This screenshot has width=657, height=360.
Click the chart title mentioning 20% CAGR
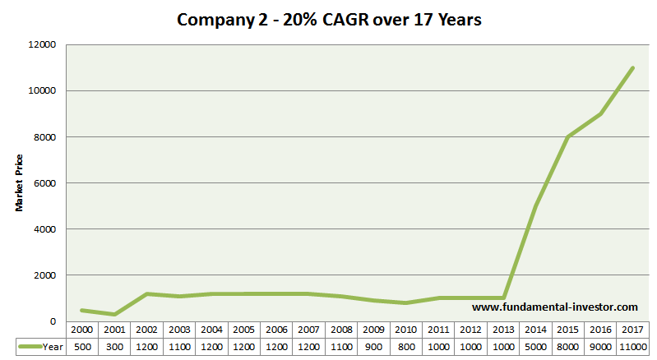pyautogui.click(x=329, y=19)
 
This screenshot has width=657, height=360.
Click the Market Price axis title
pyautogui.click(x=19, y=182)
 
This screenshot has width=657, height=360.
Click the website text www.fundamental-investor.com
pyautogui.click(x=555, y=307)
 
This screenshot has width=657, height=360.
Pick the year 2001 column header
pyautogui.click(x=114, y=330)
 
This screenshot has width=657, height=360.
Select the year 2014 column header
pyautogui.click(x=535, y=330)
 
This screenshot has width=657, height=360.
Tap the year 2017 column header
pyautogui.click(x=632, y=330)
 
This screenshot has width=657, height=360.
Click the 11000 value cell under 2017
pyautogui.click(x=632, y=346)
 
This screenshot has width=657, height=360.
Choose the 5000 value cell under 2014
pyautogui.click(x=535, y=346)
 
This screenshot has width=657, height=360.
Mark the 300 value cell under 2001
pyautogui.click(x=114, y=346)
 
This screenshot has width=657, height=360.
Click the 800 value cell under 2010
pyautogui.click(x=406, y=346)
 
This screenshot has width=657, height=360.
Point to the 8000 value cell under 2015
pyautogui.click(x=567, y=346)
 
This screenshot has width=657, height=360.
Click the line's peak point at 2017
pyautogui.click(x=632, y=67)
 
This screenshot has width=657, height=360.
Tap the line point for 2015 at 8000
pyautogui.click(x=567, y=136)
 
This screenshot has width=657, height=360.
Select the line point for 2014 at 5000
pyautogui.click(x=535, y=206)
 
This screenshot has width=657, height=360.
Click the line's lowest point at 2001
pyautogui.click(x=114, y=314)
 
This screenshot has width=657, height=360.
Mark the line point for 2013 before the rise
pyautogui.click(x=503, y=298)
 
